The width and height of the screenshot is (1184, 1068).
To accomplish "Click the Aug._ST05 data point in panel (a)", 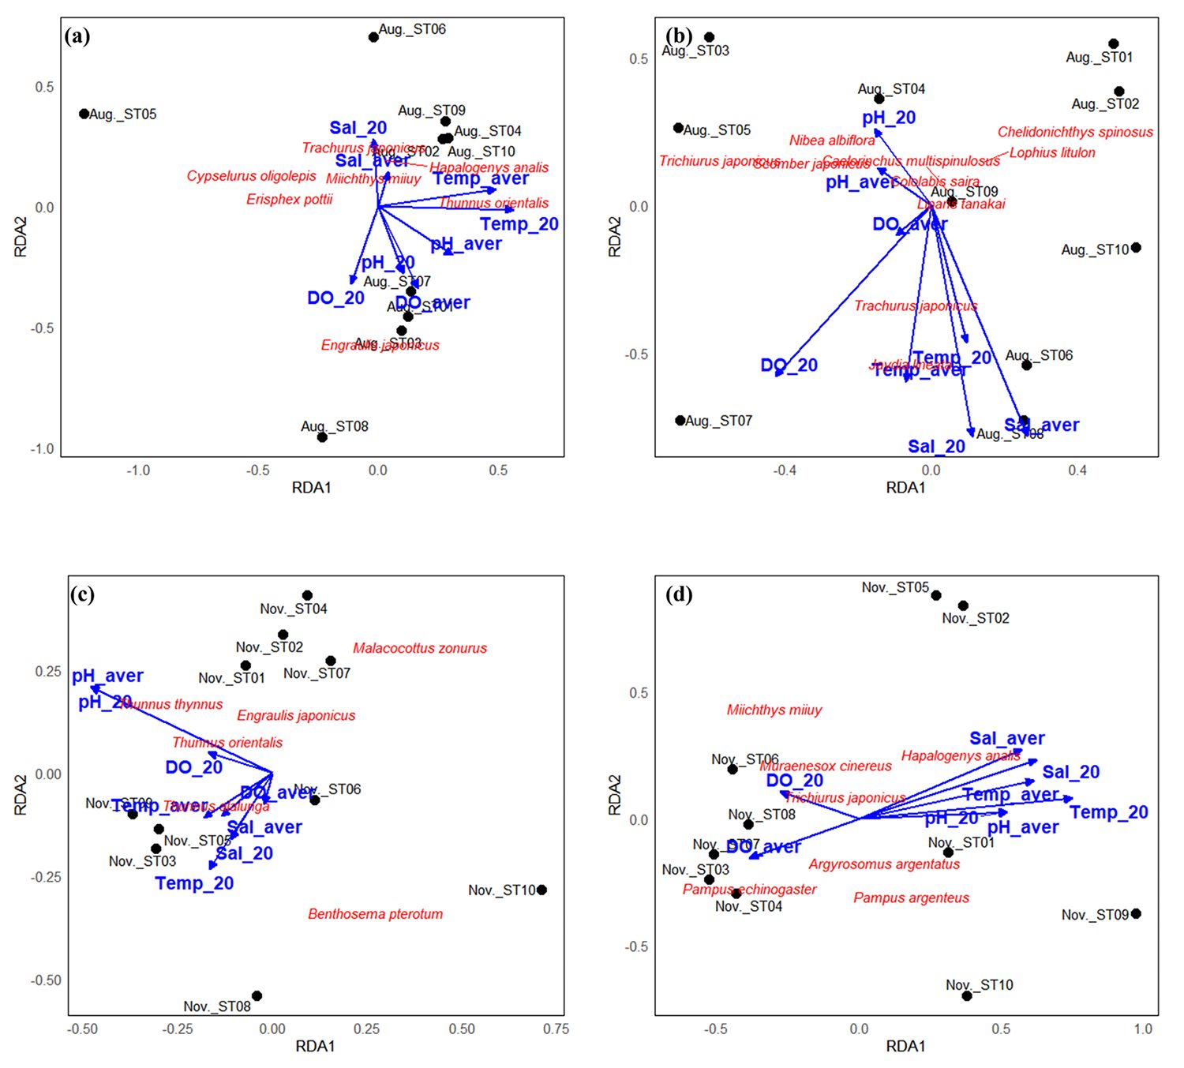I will click(x=84, y=114).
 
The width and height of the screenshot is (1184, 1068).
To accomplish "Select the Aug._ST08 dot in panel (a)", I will click(x=322, y=437).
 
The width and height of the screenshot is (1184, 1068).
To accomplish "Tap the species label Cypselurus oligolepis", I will click(x=251, y=176).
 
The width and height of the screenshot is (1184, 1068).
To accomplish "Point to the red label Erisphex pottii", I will click(x=289, y=199).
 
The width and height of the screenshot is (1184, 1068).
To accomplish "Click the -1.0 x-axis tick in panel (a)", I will click(x=138, y=470).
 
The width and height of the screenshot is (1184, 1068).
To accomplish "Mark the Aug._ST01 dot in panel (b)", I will click(x=1114, y=44).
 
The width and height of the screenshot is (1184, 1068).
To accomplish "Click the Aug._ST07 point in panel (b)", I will click(x=680, y=421).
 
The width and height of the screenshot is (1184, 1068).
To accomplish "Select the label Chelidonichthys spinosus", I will click(x=1075, y=132).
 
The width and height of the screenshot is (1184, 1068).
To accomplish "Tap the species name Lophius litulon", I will click(x=1052, y=152).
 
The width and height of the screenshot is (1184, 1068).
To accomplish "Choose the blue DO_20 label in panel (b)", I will click(x=789, y=365).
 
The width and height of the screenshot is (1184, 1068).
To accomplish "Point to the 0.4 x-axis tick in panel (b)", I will click(x=1077, y=470).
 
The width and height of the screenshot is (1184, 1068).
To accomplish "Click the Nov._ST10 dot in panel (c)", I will click(x=541, y=890).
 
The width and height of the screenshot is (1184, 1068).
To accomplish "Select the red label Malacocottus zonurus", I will click(x=420, y=648).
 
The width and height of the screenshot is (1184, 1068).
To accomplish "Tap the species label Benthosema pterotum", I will click(x=375, y=914).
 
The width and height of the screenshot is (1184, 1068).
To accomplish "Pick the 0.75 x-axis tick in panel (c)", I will click(x=556, y=1029).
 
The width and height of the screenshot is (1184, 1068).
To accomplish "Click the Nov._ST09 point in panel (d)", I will click(x=1136, y=914).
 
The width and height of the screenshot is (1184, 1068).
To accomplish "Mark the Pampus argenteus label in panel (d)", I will click(x=911, y=897).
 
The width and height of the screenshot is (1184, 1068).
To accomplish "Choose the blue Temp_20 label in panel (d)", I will click(x=1108, y=812).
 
